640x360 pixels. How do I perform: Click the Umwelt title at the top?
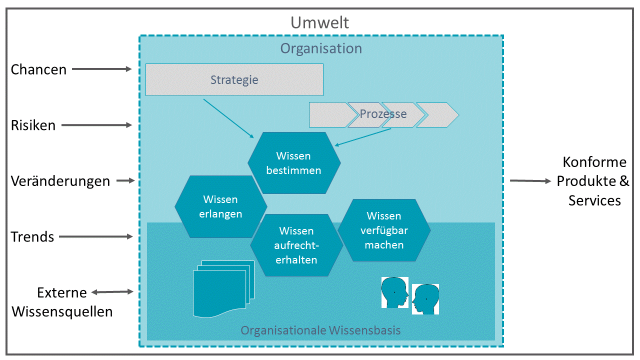click(320, 22)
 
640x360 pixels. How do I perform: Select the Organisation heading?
click(320, 48)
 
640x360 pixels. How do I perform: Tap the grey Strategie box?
click(234, 79)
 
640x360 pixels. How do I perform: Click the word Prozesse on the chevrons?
click(383, 114)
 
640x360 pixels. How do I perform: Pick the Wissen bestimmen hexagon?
click(294, 163)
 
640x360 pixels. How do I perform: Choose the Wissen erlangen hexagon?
click(220, 206)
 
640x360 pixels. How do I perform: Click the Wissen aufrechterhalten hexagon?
click(296, 245)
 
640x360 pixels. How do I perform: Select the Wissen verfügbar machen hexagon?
click(384, 230)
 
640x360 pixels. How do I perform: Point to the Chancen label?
click(39, 69)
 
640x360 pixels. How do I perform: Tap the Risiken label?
click(33, 125)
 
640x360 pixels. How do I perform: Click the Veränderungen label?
click(60, 181)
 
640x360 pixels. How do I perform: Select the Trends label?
click(32, 236)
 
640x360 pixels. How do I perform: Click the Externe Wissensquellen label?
click(62, 302)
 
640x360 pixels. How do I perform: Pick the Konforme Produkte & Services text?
click(593, 181)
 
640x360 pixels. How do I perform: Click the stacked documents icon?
click(223, 288)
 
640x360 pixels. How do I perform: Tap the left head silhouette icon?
click(395, 292)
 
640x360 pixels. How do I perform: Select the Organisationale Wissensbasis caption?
click(320, 330)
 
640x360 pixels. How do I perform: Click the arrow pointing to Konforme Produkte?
click(529, 181)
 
